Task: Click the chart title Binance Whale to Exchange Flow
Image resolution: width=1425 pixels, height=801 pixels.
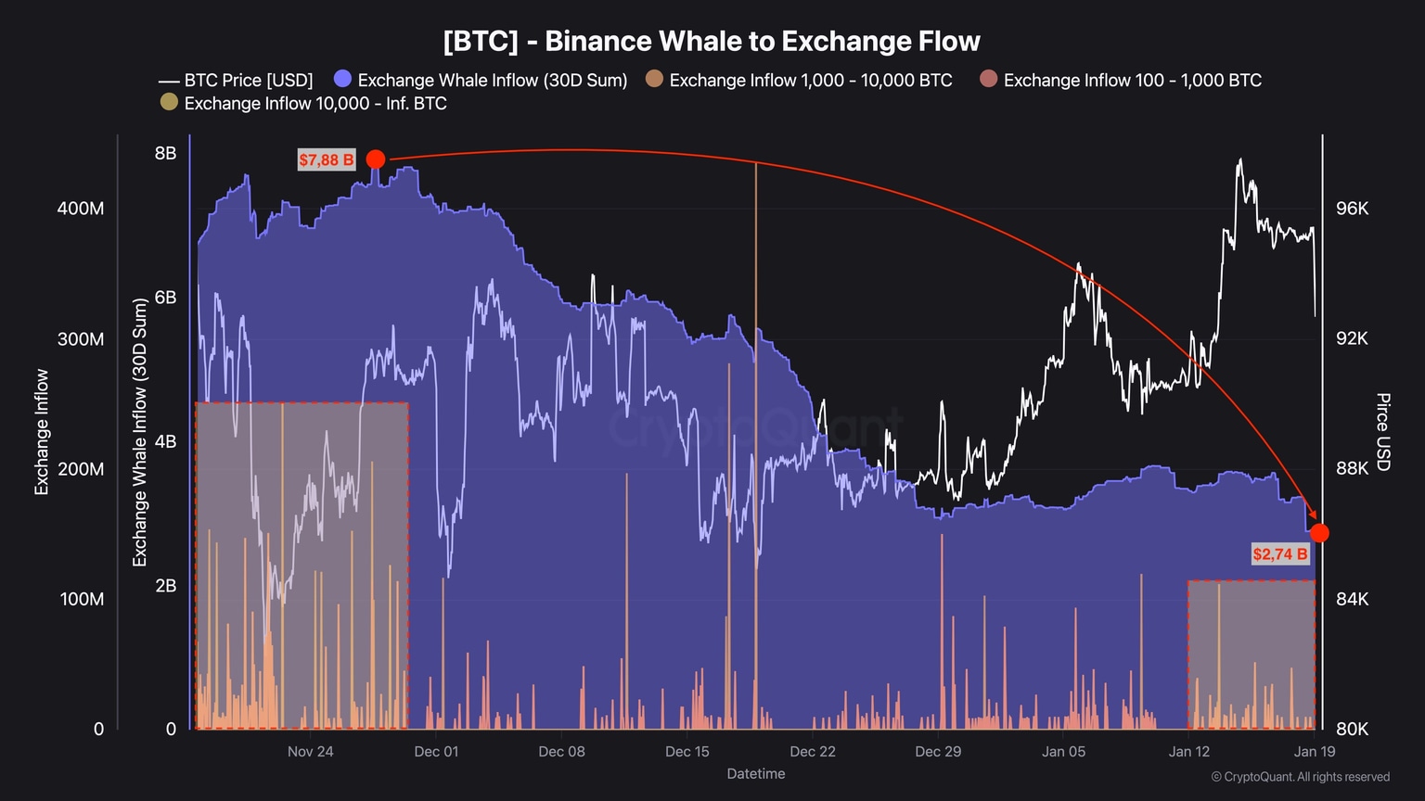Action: pyautogui.click(x=712, y=42)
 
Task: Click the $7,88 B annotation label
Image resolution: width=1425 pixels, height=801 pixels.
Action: pyautogui.click(x=327, y=159)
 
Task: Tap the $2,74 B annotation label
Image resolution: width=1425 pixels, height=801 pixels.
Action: pyautogui.click(x=1280, y=554)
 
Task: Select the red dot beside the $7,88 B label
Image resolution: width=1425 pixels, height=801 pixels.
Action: pyautogui.click(x=376, y=159)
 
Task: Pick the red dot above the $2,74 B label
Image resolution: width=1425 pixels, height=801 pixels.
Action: pyautogui.click(x=1319, y=533)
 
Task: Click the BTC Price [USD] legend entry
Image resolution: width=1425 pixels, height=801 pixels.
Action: pyautogui.click(x=237, y=81)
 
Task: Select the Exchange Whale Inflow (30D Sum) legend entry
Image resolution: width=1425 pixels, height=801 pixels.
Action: pyautogui.click(x=481, y=81)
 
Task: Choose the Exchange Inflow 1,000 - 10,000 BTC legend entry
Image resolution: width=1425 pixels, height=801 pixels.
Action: pyautogui.click(x=800, y=81)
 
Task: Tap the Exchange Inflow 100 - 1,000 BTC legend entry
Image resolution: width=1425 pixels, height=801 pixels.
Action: pyautogui.click(x=1122, y=81)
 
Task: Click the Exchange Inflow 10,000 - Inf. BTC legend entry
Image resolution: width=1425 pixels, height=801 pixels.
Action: pyautogui.click(x=304, y=104)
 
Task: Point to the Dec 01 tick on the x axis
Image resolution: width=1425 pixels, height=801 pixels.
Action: pyautogui.click(x=436, y=751)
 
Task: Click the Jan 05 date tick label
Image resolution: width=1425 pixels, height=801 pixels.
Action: pyautogui.click(x=1063, y=751)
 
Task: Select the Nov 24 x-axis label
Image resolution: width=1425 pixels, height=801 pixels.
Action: pyautogui.click(x=310, y=751)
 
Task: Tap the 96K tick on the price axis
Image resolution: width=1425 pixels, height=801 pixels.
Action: pyautogui.click(x=1352, y=209)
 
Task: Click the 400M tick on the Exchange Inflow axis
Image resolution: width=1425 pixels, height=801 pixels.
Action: pyautogui.click(x=81, y=209)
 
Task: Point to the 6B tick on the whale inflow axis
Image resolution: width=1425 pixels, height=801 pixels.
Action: pyautogui.click(x=165, y=298)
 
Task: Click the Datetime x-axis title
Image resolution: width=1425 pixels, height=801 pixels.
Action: pyautogui.click(x=755, y=773)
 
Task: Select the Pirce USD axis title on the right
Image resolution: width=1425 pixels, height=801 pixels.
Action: pyautogui.click(x=1382, y=431)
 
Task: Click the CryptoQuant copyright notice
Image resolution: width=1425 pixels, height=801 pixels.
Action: pyautogui.click(x=1301, y=777)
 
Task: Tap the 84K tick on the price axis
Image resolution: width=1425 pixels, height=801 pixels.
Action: pyautogui.click(x=1352, y=599)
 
